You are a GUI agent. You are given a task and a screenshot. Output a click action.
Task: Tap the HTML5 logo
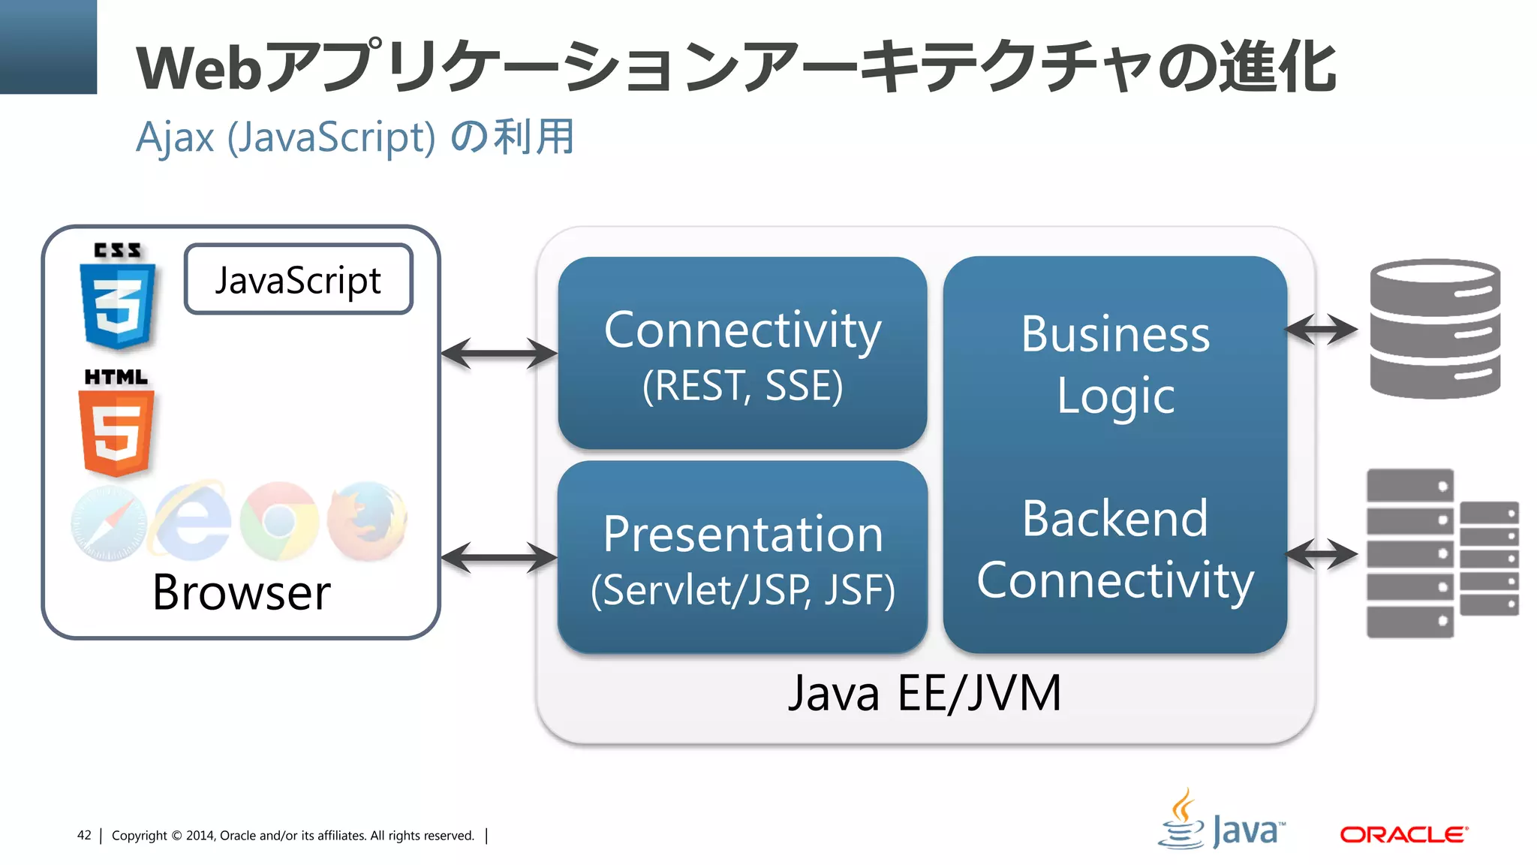(116, 424)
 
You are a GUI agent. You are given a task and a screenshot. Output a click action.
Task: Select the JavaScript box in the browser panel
(298, 279)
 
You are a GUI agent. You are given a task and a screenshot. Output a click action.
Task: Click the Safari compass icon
(109, 523)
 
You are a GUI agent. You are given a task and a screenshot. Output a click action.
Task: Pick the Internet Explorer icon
(193, 522)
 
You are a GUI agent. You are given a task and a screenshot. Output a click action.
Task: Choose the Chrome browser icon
(279, 521)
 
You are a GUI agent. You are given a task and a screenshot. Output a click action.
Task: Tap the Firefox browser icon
(367, 522)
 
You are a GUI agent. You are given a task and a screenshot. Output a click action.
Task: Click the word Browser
(241, 593)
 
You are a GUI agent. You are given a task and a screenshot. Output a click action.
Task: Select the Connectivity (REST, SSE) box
(742, 354)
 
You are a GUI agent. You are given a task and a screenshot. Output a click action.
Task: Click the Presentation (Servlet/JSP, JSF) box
(742, 558)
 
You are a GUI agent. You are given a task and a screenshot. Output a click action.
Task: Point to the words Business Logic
(1115, 364)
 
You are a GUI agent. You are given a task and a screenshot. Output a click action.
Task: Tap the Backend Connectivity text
(1115, 549)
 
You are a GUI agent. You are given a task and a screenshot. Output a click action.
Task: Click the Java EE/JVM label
(925, 693)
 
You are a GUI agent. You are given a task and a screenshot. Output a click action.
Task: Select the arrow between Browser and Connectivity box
(499, 354)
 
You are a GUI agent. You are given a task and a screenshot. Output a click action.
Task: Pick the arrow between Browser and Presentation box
(499, 558)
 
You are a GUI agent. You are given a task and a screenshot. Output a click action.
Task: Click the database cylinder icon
(1434, 328)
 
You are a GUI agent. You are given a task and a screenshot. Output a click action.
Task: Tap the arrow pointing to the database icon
(1322, 329)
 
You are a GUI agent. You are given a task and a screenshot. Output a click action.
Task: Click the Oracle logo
(1403, 835)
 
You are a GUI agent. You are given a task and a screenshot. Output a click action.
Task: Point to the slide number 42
(84, 835)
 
